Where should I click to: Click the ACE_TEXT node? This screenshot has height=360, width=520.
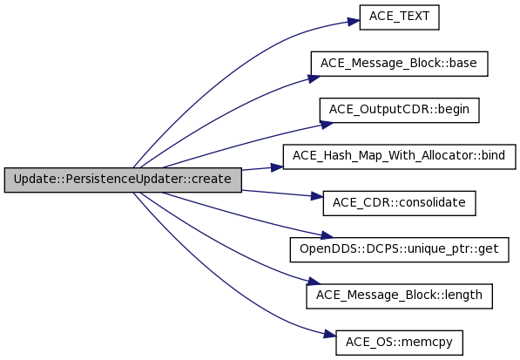399,17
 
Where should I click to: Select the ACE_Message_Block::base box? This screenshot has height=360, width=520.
399,64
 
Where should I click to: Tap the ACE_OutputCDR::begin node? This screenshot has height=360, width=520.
399,110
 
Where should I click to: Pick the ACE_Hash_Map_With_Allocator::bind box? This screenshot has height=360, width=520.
399,157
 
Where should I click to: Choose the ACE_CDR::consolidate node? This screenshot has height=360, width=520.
399,203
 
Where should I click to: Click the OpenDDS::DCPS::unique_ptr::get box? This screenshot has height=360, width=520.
399,249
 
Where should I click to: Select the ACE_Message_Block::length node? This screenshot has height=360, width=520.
399,296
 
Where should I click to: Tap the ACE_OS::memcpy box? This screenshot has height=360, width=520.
399,343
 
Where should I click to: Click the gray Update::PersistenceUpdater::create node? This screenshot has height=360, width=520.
123,180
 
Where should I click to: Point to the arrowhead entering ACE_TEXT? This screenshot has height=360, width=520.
354,22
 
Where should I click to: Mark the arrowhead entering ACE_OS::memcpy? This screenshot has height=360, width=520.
330,334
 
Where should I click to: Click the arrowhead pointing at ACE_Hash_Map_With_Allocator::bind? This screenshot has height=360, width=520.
277,167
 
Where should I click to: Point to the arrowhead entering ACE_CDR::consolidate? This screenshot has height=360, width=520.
317,196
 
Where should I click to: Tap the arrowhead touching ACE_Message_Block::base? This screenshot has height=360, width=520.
314,78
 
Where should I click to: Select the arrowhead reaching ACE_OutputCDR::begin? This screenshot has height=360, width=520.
328,126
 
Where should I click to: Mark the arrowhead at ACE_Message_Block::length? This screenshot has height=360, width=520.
314,281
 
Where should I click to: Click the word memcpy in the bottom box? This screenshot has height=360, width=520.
432,343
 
